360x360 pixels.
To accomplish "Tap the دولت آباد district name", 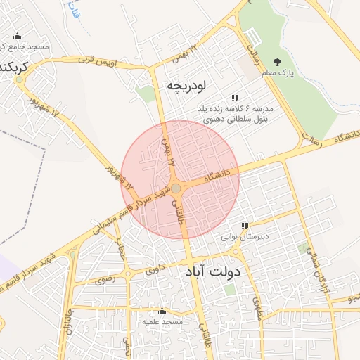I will coord(213,271).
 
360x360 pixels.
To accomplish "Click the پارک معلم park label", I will coord(301,72).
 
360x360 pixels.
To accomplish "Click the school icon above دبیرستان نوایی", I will coord(245,226).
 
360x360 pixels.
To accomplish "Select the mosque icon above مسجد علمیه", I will coord(162,311).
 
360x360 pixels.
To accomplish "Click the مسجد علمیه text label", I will coord(162,321).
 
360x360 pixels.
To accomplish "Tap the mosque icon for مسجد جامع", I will coord(17,37).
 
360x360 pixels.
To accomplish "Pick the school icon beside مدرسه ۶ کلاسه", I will coord(234,98).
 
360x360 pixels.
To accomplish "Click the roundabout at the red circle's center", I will coord(176,188).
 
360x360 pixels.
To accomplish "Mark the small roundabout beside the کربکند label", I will coord(19,79).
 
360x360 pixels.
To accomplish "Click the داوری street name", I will coord(154,269).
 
